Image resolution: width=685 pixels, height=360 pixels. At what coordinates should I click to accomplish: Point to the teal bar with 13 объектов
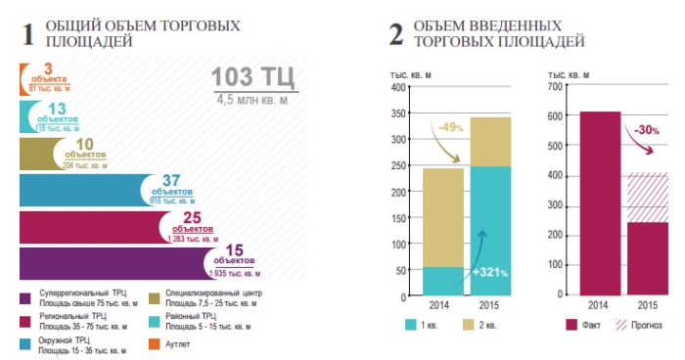tap(28, 116)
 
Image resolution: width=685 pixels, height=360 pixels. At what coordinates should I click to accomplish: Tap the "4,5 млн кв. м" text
tap(253, 99)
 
